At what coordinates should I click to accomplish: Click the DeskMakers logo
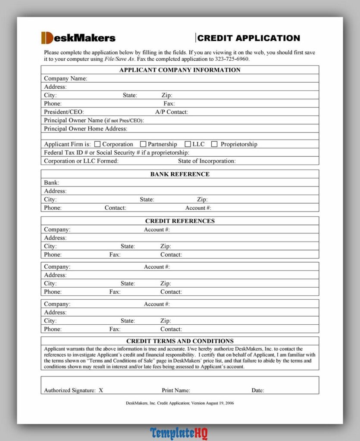coord(78,38)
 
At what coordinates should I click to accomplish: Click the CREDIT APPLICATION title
coord(248,38)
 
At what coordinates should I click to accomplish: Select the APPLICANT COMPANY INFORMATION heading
coord(180,70)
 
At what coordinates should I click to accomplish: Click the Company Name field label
coord(66,78)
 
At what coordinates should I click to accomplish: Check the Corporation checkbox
coord(97,144)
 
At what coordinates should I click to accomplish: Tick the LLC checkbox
coord(188,144)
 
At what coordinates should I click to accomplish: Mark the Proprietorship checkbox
coord(214,144)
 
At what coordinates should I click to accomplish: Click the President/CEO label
coord(64,112)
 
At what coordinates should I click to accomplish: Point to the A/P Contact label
coord(171,112)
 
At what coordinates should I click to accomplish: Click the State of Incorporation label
coord(207,161)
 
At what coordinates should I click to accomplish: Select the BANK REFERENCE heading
coord(180,174)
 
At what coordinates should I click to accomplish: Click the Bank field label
coord(52,183)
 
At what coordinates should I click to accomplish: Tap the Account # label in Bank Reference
coord(198,208)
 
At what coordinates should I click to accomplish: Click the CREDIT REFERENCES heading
coord(180,221)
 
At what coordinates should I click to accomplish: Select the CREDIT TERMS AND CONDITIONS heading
coord(180,341)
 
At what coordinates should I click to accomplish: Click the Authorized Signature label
coord(70,391)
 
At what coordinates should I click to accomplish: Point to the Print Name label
coord(176,391)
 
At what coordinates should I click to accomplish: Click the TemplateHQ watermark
coord(179,432)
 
